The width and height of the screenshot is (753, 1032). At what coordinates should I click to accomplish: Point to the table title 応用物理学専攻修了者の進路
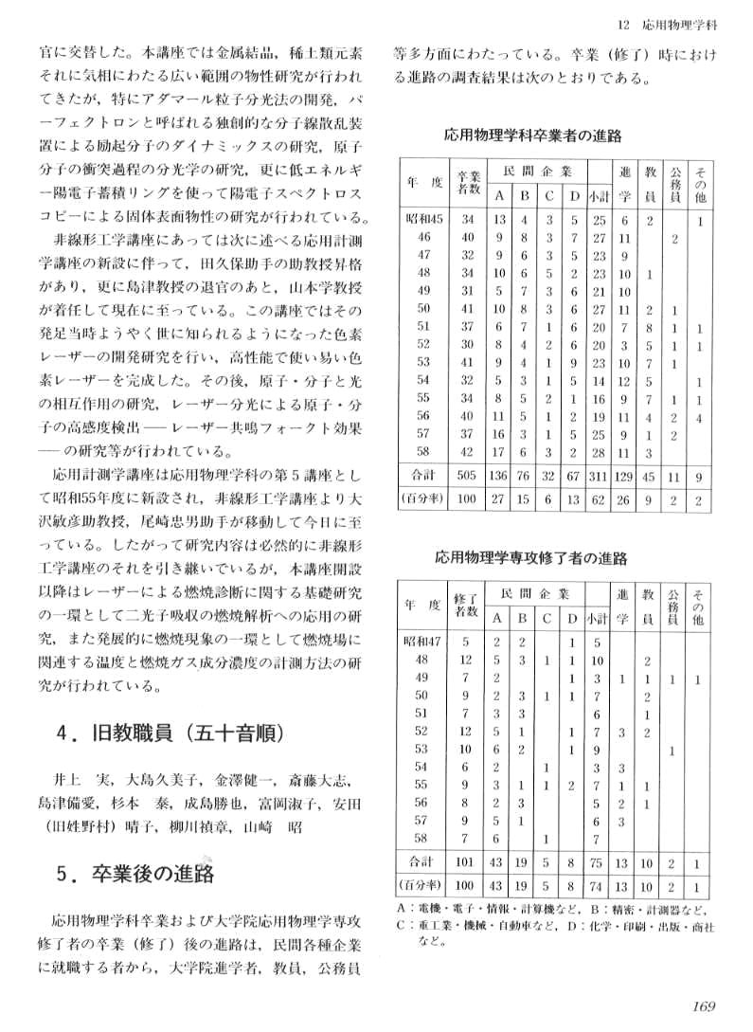531,558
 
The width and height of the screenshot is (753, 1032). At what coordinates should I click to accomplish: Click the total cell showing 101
466,863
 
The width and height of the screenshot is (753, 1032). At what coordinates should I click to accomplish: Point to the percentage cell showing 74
598,887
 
